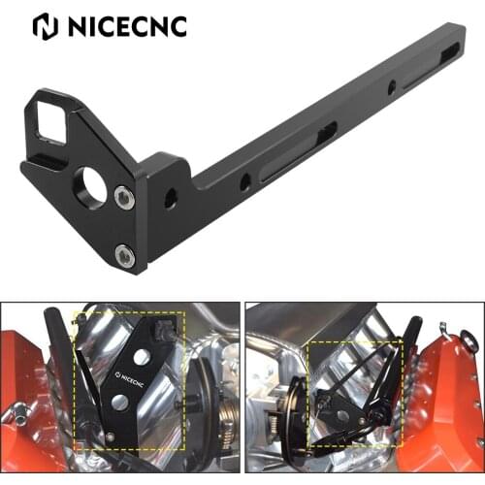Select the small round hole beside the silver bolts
(x=171, y=199)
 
